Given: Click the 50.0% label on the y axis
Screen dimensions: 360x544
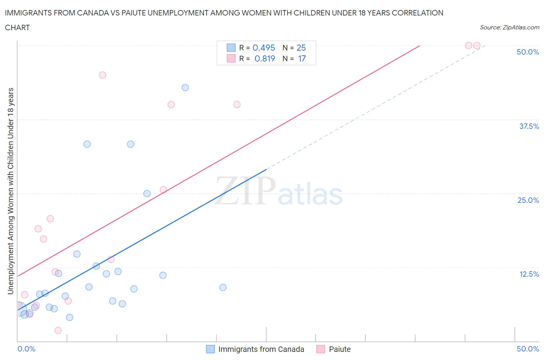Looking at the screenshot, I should pyautogui.click(x=528, y=52).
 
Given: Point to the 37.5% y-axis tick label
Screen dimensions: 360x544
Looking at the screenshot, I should pyautogui.click(x=529, y=126).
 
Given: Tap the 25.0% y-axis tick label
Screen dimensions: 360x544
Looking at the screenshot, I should pyautogui.click(x=528, y=200).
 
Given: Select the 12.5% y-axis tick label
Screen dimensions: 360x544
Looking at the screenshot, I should pyautogui.click(x=529, y=274).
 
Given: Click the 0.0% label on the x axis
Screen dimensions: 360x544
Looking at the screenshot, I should pyautogui.click(x=26, y=349).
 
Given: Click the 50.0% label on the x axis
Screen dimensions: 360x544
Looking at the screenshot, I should pyautogui.click(x=528, y=349).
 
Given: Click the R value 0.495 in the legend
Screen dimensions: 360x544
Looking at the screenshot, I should pyautogui.click(x=263, y=48).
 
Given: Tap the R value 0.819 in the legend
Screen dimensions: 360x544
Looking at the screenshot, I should pyautogui.click(x=265, y=58).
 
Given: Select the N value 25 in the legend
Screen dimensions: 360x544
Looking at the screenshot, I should pyautogui.click(x=301, y=48).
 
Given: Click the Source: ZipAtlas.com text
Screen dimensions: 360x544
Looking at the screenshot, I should pyautogui.click(x=509, y=27).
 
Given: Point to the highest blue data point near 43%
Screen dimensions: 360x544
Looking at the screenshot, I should pyautogui.click(x=185, y=87).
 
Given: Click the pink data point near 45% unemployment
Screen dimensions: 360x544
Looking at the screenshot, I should pyautogui.click(x=103, y=75).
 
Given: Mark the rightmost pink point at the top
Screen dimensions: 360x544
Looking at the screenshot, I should pyautogui.click(x=477, y=46).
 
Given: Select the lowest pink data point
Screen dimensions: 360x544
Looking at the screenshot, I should pyautogui.click(x=58, y=330).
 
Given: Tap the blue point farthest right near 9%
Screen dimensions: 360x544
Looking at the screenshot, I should pyautogui.click(x=223, y=287).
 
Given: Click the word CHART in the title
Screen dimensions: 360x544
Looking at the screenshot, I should pyautogui.click(x=17, y=27).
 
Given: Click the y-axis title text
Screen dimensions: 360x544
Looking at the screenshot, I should pyautogui.click(x=11, y=191).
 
